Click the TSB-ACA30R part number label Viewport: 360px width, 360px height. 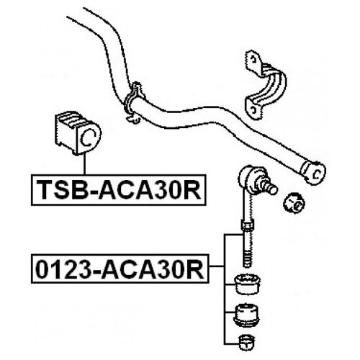pos(119,190)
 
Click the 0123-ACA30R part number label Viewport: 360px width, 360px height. pos(120,269)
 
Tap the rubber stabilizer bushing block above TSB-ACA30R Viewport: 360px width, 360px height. pos(78,132)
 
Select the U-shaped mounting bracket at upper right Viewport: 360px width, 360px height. pos(265,85)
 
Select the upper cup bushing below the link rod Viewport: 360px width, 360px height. pos(247,284)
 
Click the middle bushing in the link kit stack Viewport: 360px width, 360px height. pos(247,315)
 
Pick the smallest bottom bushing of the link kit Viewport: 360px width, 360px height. pos(247,342)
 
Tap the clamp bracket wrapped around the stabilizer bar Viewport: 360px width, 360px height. pos(134,102)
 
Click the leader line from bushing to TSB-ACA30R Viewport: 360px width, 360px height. pos(84,164)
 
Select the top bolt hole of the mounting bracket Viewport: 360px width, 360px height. pos(253,58)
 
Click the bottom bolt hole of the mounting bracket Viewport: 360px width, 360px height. pos(253,109)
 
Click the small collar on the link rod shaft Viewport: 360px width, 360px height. pos(247,226)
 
